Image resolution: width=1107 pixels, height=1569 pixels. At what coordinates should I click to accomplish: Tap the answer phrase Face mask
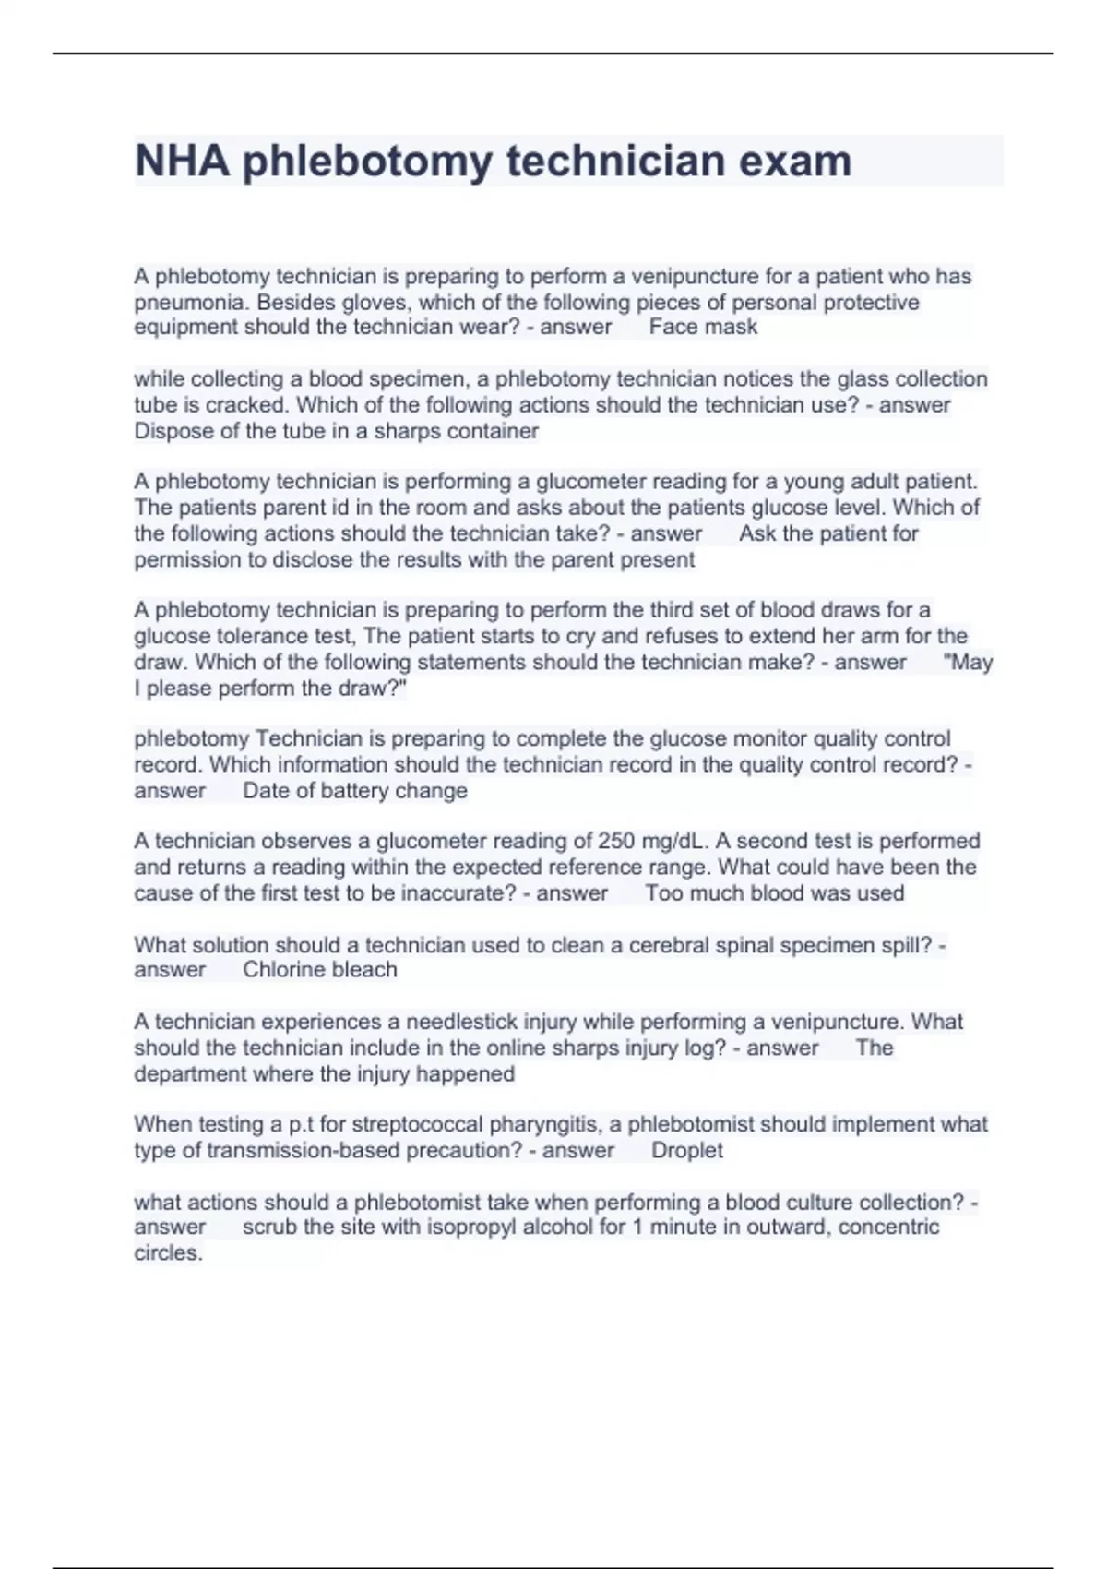pos(703,327)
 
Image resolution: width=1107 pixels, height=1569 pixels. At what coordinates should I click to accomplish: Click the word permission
pos(191,559)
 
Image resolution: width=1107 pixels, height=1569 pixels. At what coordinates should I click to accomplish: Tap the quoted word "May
pos(969,662)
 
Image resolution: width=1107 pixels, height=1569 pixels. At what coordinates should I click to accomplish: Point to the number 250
pos(616,841)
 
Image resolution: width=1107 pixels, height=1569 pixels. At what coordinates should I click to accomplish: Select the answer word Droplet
pos(687,1150)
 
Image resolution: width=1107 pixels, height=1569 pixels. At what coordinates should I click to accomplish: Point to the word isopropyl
pos(471,1228)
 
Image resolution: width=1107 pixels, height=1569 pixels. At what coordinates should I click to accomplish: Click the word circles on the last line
pos(167,1253)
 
